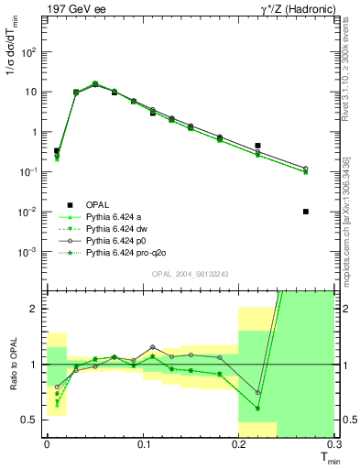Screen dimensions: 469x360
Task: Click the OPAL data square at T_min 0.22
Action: tap(257, 146)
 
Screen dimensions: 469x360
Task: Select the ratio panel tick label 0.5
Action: tap(31, 420)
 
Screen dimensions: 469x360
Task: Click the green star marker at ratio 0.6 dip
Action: tap(257, 409)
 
